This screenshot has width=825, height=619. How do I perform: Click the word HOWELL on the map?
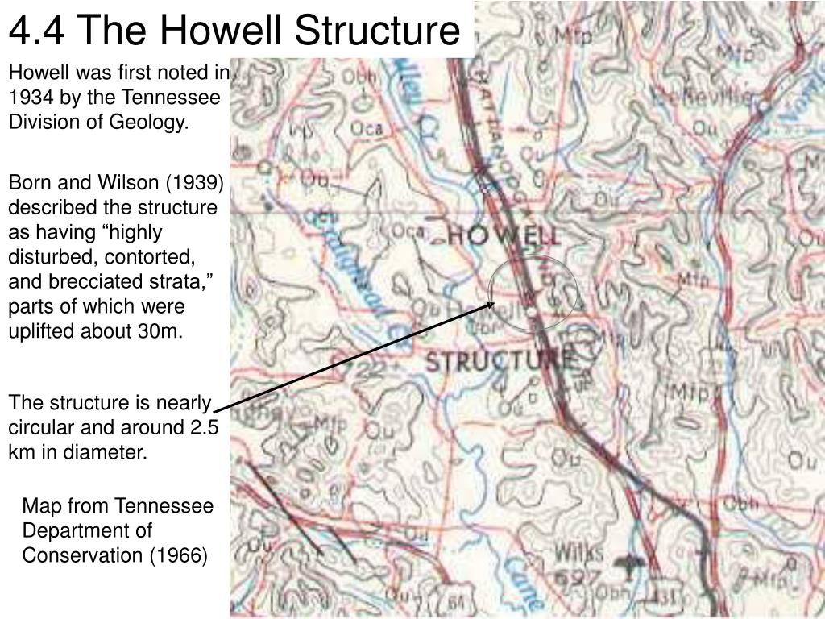pyautogui.click(x=502, y=236)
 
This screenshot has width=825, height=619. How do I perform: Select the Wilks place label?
pyautogui.click(x=578, y=554)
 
